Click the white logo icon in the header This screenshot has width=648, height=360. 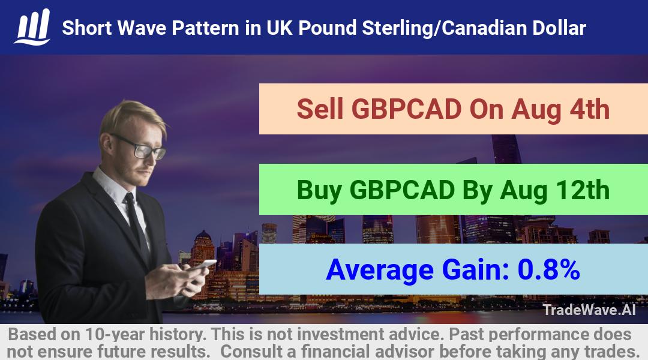[32, 27]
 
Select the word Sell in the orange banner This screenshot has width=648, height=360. [320, 109]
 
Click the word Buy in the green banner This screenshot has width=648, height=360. [319, 191]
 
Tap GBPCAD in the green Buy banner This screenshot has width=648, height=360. [402, 190]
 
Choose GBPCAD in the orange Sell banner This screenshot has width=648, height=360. [406, 109]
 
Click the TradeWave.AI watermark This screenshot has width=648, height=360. [589, 310]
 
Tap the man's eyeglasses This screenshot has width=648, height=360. [140, 147]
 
